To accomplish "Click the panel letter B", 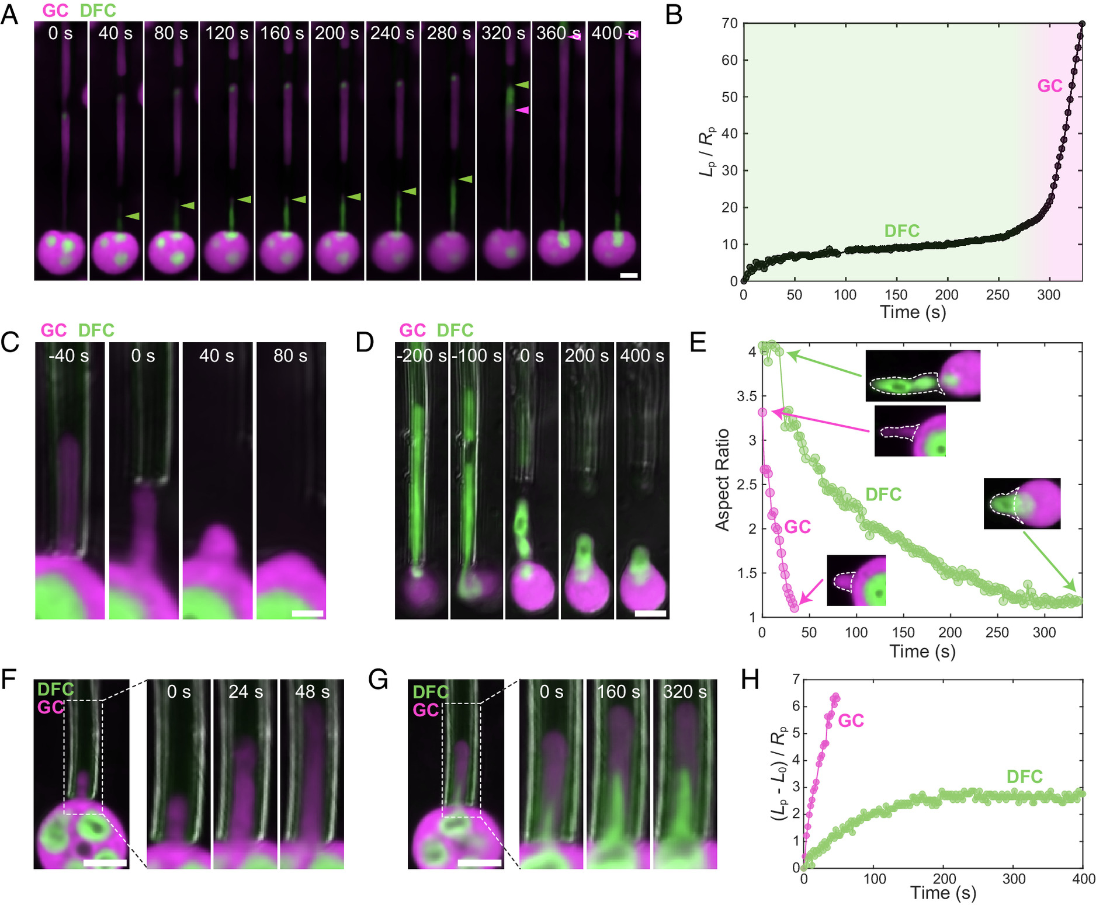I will tap(674, 15).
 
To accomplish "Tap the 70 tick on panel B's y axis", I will tap(730, 24).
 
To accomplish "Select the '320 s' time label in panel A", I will tap(503, 33).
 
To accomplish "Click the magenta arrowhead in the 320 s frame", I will tap(522, 110).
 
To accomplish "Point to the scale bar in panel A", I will tap(629, 275).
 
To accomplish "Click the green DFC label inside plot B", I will tap(901, 231).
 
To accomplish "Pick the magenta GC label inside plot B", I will tap(1049, 86).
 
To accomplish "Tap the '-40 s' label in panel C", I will tap(69, 356).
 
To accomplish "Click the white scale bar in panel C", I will tap(307, 614).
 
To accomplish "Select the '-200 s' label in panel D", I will tap(421, 356).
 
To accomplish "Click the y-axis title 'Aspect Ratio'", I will tap(723, 480).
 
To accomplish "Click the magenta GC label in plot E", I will tap(797, 527).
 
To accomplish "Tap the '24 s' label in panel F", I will tap(245, 692).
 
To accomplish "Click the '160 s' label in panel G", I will tap(619, 692).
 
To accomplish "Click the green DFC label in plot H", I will tap(1024, 777).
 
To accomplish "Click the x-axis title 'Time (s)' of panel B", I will tap(913, 312).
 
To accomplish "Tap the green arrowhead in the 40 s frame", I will tap(133, 216).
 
